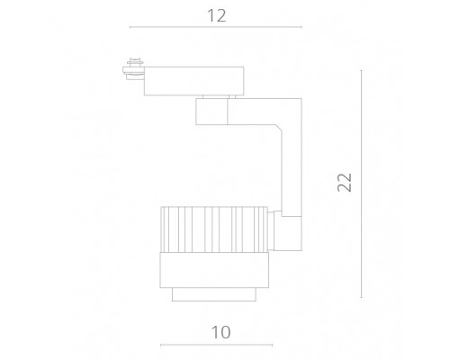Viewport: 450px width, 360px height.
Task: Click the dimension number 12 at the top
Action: pos(217,15)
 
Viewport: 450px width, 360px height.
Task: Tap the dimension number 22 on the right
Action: pos(345,183)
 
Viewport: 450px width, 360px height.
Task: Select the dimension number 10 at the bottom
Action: pos(221,332)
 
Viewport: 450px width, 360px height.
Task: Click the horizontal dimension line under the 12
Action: pos(216,27)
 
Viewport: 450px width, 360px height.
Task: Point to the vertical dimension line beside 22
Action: pos(361,184)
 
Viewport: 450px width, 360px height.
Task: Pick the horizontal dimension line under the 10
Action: pos(216,345)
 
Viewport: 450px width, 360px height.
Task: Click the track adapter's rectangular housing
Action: pos(193,81)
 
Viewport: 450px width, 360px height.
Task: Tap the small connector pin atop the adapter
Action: pos(135,61)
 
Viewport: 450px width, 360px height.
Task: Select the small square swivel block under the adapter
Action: pos(211,112)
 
